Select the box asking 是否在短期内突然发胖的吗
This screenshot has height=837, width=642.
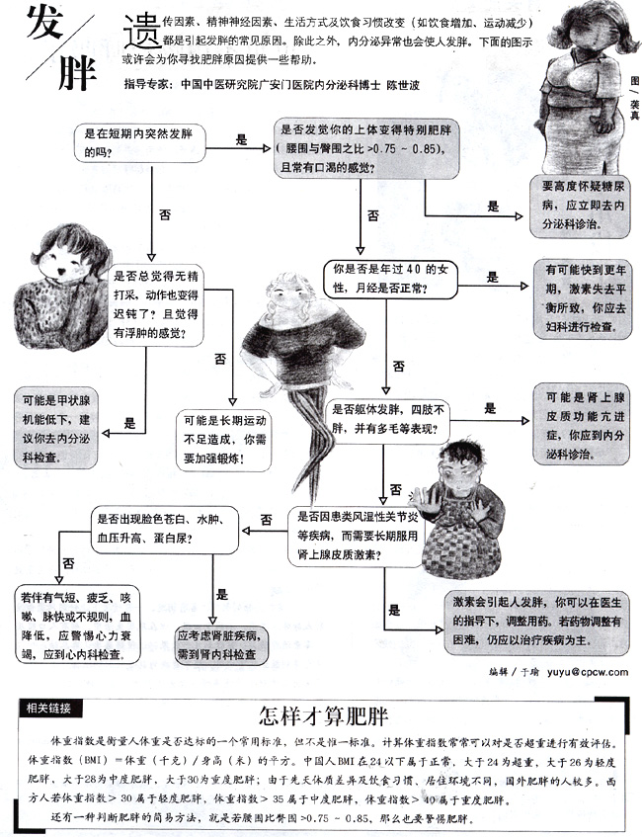141,142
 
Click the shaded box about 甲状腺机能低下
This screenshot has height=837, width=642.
58,429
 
